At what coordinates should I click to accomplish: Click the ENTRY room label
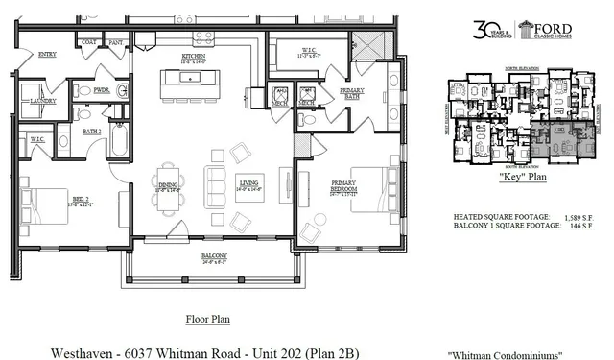(47, 55)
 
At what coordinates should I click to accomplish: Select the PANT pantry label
(114, 42)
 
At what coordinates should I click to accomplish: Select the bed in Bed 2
(47, 204)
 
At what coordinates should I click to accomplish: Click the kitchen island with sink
(189, 84)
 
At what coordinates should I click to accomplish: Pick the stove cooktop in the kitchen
(202, 38)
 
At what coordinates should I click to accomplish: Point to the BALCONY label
(213, 254)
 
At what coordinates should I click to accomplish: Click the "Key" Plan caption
(524, 178)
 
